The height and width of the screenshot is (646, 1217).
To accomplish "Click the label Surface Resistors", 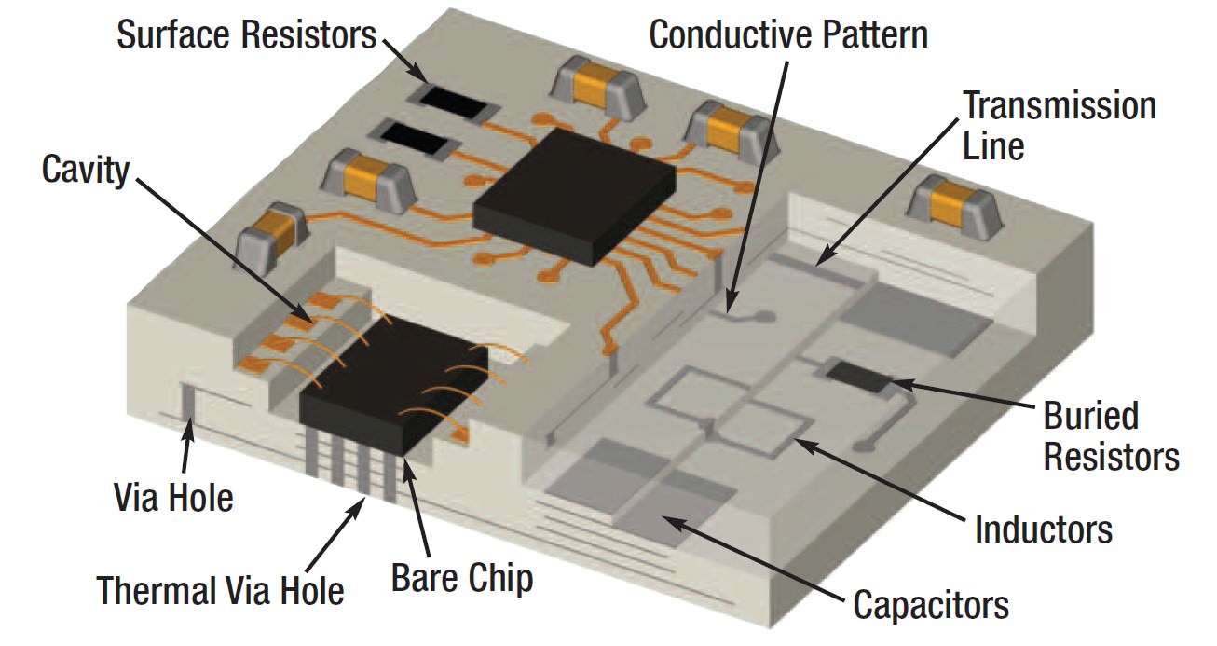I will [246, 35].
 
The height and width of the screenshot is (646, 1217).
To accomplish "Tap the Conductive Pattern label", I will [788, 35].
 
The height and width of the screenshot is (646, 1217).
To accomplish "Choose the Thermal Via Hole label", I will [221, 589].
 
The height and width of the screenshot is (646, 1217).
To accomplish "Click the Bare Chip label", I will [462, 578].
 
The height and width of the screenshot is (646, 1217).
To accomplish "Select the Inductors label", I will [1044, 529].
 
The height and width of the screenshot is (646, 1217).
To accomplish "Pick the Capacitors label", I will [931, 604].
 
